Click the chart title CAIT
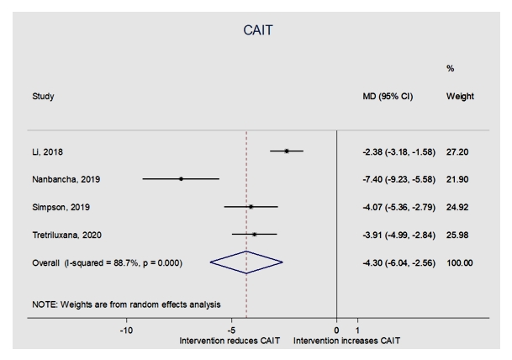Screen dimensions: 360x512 (x=256, y=30)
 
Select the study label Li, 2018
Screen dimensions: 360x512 (x=47, y=151)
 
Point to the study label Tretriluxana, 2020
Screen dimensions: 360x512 (x=66, y=235)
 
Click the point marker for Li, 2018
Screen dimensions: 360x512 (x=287, y=151)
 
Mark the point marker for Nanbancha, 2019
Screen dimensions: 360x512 (x=181, y=179)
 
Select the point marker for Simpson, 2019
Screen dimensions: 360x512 (x=251, y=207)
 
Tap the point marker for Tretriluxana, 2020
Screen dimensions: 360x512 (x=254, y=235)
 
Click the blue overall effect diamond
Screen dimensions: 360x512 (x=246, y=263)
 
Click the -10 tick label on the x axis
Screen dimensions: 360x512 (x=126, y=331)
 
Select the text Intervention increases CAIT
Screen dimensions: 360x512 (x=347, y=341)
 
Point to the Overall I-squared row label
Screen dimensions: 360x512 (x=119, y=263)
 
